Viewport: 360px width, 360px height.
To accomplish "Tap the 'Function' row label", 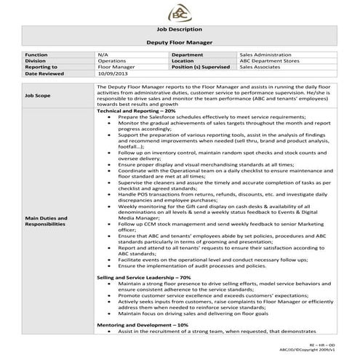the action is [x=36, y=55].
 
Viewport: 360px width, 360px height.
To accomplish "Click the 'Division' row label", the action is [x=36, y=61].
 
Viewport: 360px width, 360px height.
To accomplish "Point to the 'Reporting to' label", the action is [x=41, y=67].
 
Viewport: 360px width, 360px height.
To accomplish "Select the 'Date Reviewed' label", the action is [x=43, y=73].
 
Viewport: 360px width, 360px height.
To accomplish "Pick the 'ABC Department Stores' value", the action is [x=268, y=61].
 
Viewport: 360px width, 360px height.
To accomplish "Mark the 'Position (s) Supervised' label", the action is [x=202, y=67].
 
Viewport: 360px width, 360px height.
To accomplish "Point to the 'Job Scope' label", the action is [x=38, y=95].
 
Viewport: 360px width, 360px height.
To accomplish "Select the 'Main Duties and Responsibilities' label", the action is [x=46, y=221].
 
